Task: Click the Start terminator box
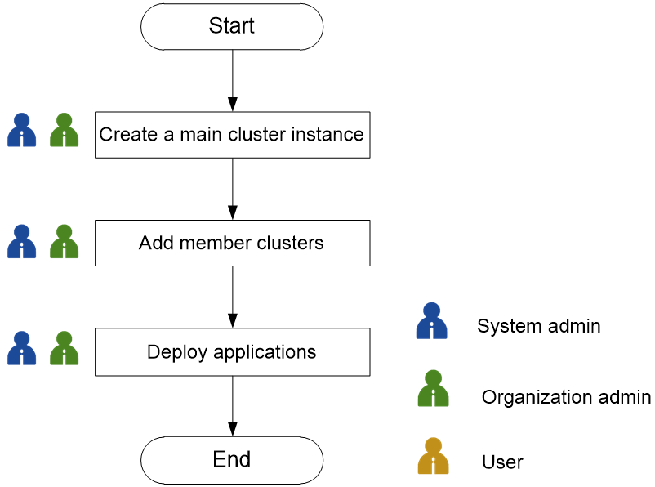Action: pyautogui.click(x=232, y=26)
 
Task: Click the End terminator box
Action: pyautogui.click(x=232, y=459)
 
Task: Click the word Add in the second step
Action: pyautogui.click(x=156, y=243)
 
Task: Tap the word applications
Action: pyautogui.click(x=265, y=352)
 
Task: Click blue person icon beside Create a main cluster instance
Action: pyautogui.click(x=22, y=131)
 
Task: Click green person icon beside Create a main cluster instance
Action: pyautogui.click(x=65, y=131)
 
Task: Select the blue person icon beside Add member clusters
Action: pyautogui.click(x=22, y=242)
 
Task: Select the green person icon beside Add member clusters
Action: pyautogui.click(x=65, y=242)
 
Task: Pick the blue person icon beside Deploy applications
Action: pyautogui.click(x=22, y=349)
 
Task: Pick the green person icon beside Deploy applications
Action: pyautogui.click(x=65, y=349)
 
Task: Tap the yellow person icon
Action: pyautogui.click(x=433, y=458)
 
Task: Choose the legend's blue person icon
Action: pyautogui.click(x=432, y=322)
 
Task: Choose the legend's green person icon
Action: pyautogui.click(x=433, y=390)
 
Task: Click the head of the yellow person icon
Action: pyautogui.click(x=433, y=445)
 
